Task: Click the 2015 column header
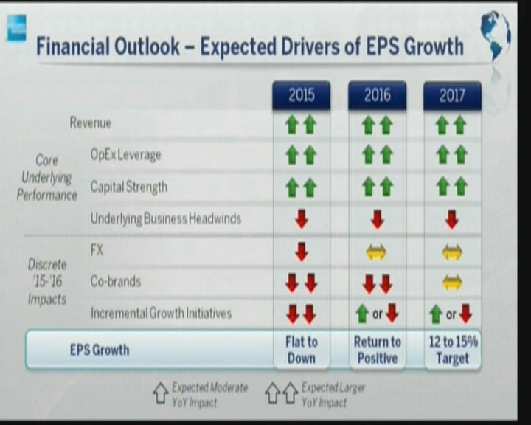(302, 95)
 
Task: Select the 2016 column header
(378, 95)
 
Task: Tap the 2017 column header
(452, 95)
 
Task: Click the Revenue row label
(91, 122)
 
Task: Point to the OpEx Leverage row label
(125, 155)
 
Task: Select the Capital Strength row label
(128, 187)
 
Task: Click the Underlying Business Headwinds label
(166, 218)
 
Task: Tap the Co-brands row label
(116, 281)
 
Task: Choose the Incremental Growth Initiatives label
(162, 313)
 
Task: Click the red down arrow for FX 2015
(302, 252)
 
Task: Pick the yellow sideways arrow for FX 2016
(377, 253)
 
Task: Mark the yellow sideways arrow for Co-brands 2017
(452, 283)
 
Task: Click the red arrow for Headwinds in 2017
(452, 220)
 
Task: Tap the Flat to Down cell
(302, 350)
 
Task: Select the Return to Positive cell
(378, 350)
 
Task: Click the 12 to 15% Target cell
(453, 350)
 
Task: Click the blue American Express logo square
(16, 29)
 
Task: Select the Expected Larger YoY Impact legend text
(333, 395)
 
